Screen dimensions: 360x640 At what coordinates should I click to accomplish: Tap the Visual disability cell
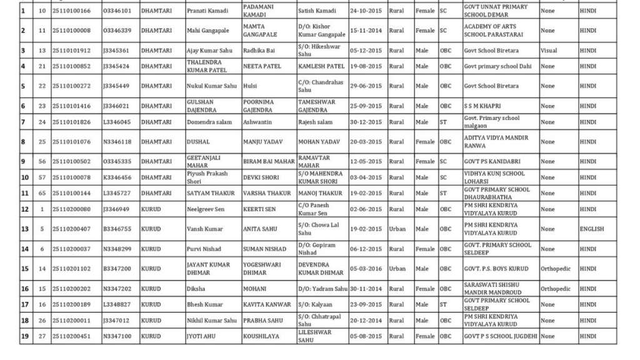click(x=548, y=51)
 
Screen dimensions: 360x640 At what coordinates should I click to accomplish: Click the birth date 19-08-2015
click(x=366, y=66)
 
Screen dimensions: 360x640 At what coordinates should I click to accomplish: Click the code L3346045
click(x=117, y=122)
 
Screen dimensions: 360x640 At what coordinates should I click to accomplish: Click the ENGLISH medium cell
click(x=592, y=229)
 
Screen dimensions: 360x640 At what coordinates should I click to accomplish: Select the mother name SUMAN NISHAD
click(x=264, y=249)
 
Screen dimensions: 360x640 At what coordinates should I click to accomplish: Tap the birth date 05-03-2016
click(x=366, y=269)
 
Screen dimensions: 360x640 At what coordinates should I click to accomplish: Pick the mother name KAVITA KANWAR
click(x=267, y=304)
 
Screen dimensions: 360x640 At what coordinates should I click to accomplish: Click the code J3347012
click(x=117, y=320)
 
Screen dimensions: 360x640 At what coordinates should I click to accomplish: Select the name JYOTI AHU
click(x=201, y=336)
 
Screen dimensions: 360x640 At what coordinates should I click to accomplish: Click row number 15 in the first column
click(x=25, y=269)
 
